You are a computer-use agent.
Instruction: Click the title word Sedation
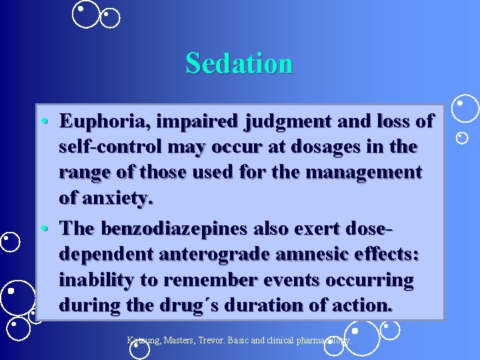239,63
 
